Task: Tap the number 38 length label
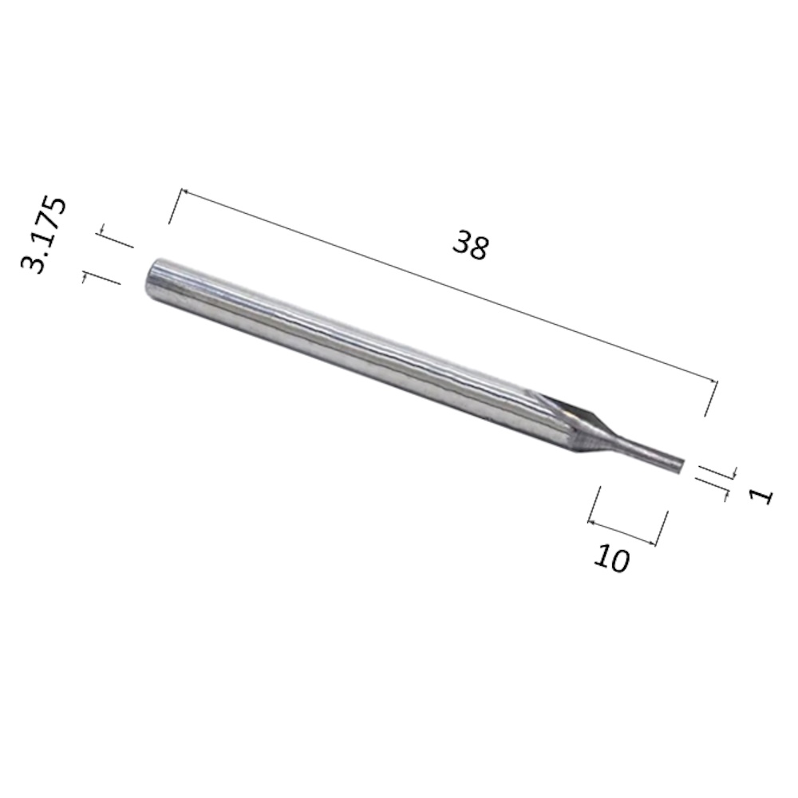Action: pos(470,244)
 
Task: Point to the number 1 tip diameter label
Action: pos(761,496)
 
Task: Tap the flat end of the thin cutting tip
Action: pos(681,462)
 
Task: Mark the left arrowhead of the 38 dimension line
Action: pos(185,192)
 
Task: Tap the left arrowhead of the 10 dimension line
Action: pos(591,523)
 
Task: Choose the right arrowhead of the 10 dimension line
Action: pos(654,545)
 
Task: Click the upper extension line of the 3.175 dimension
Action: pos(115,238)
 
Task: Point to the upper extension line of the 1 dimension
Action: pos(716,471)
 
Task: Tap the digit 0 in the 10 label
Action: pos(619,562)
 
